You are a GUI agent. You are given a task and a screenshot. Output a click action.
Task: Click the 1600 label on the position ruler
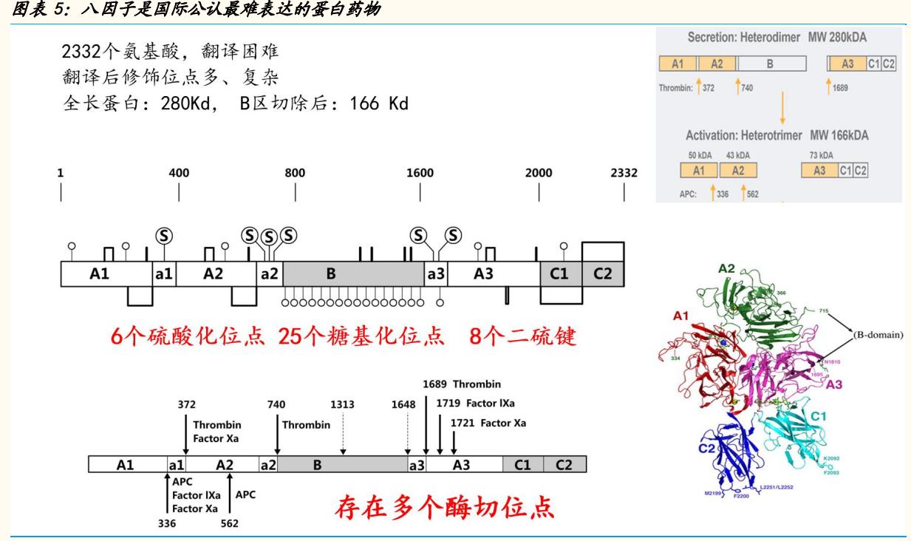click(420, 174)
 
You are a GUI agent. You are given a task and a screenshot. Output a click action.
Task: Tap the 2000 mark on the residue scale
click(539, 174)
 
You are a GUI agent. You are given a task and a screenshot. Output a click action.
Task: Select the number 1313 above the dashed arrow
click(343, 404)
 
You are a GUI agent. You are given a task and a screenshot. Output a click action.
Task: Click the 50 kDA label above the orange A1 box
click(698, 155)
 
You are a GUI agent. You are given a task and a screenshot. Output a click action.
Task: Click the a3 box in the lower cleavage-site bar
click(417, 465)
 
